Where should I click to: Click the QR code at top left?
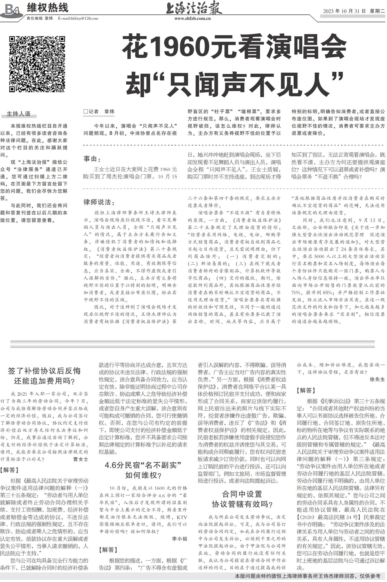pos(37,64)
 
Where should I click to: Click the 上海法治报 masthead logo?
pos(194,9)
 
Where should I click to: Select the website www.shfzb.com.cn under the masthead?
pos(193,19)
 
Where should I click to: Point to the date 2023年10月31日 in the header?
pos(345,11)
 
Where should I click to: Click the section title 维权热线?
pos(47,8)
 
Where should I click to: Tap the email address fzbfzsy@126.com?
pos(78,18)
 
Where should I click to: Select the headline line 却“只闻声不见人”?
pos(235,84)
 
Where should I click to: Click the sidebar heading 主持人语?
pos(18,114)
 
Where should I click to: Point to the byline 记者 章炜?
pos(99,112)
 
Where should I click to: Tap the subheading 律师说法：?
pos(99,202)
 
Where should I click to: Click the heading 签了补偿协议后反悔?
pos(44,371)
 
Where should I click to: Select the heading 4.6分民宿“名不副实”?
pos(143,465)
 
